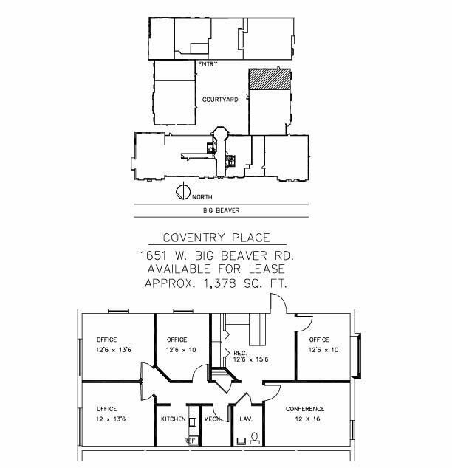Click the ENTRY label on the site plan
tap(208, 64)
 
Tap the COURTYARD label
tap(220, 100)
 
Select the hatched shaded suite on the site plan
tap(270, 79)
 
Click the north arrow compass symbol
tap(183, 192)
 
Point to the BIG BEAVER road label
tap(222, 210)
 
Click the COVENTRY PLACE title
tap(216, 238)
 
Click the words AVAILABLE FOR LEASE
tap(216, 269)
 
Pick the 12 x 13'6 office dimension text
tap(111, 419)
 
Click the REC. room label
tap(240, 353)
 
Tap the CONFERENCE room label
tap(305, 409)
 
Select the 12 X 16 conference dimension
tap(307, 419)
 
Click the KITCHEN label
tap(173, 419)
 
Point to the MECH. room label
tap(213, 419)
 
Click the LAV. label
tap(246, 419)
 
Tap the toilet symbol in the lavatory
tap(255, 438)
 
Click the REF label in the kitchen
tap(190, 441)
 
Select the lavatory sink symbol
tap(242, 441)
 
